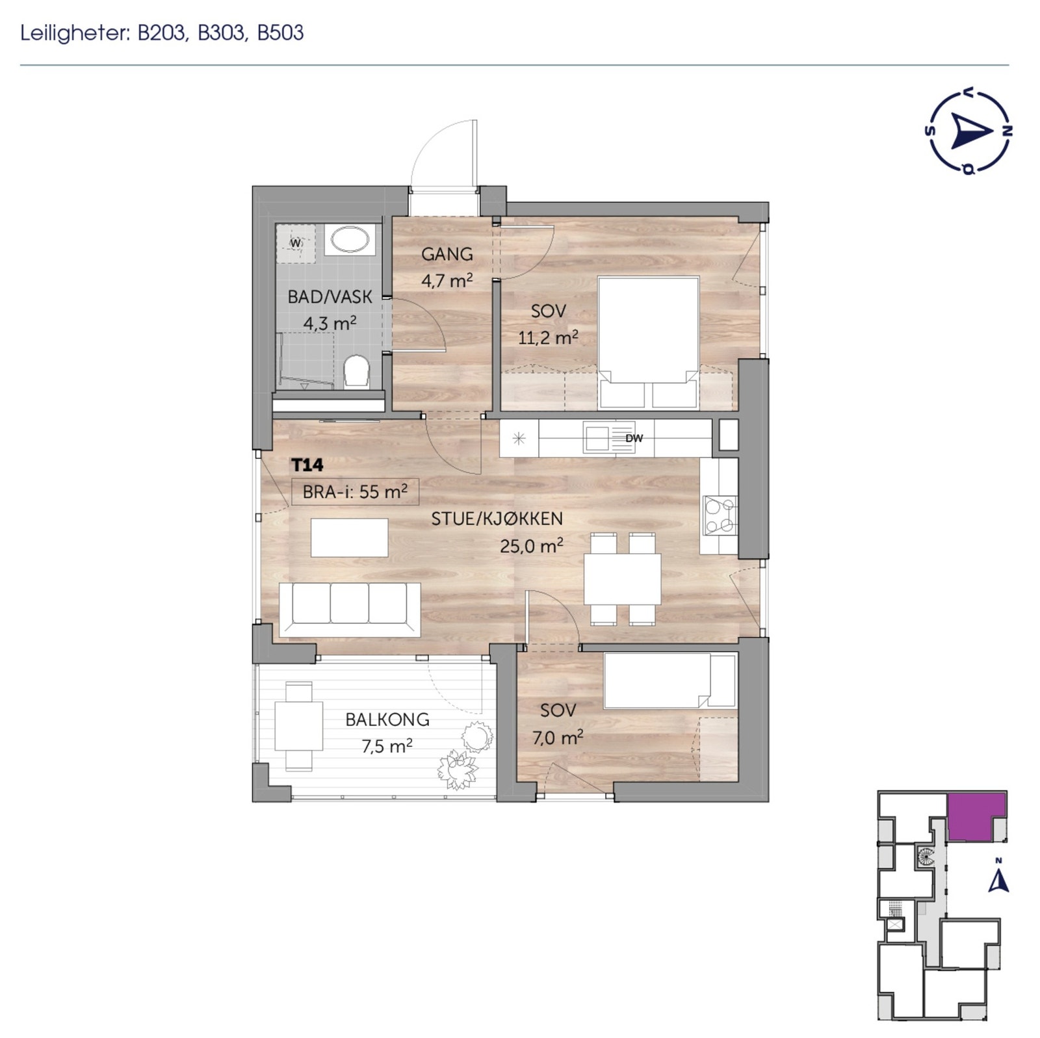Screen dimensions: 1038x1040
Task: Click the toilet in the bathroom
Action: point(356,372)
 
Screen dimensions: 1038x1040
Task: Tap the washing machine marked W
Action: point(296,243)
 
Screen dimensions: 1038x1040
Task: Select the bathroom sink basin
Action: point(350,240)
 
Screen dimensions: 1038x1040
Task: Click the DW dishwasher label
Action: point(634,438)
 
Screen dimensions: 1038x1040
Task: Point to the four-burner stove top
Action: point(720,515)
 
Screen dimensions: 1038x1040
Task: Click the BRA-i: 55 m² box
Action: point(355,491)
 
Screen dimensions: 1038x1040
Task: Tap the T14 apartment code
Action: point(307,465)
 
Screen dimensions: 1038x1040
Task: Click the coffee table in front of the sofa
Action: point(349,538)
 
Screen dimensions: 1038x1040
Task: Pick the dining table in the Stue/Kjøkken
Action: point(622,578)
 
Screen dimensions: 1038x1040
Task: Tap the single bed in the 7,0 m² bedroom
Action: point(669,681)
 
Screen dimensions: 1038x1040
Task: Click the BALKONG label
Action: point(387,720)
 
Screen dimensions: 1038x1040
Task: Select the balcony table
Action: point(298,726)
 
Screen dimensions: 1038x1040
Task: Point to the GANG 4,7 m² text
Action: point(447,266)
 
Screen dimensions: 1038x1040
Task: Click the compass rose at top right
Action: point(968,132)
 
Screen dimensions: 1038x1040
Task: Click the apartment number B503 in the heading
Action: point(280,33)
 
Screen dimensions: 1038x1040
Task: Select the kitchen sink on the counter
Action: point(595,438)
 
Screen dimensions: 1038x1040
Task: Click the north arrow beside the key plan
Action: point(998,880)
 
